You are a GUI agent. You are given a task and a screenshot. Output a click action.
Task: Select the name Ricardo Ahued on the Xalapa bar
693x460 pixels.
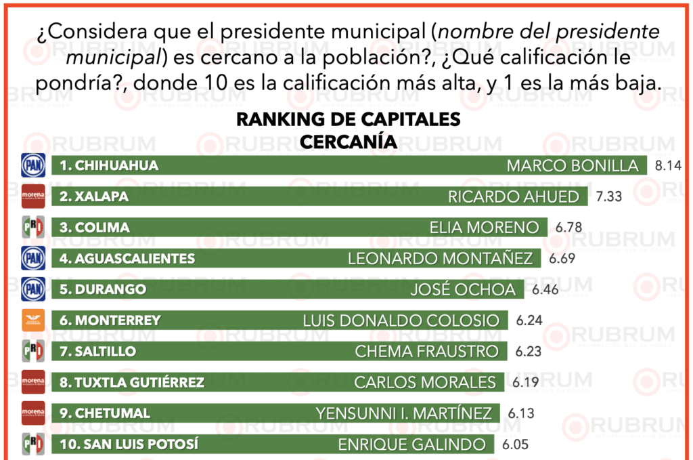tap(514, 196)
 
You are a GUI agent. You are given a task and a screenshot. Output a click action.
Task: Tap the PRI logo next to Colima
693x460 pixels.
tap(33, 228)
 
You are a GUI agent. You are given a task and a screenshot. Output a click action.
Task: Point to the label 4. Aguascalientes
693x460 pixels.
tap(127, 259)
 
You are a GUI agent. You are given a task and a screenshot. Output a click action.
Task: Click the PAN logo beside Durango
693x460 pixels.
tap(33, 289)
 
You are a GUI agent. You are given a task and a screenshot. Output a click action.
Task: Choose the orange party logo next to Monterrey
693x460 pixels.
tap(33, 320)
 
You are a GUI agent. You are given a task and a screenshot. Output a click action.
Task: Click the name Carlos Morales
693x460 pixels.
tap(425, 383)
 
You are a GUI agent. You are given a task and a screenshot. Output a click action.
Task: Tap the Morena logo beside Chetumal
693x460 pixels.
tap(33, 413)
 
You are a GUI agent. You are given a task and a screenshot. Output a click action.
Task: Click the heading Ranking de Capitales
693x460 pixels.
tap(348, 119)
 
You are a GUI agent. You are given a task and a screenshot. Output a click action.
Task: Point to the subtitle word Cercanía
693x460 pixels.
tap(348, 142)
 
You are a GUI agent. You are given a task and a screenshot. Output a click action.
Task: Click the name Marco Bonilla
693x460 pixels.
tap(573, 166)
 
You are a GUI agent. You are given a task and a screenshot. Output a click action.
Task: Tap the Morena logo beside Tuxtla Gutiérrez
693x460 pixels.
tap(33, 382)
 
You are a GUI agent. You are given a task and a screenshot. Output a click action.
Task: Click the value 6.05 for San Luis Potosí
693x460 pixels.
tap(514, 444)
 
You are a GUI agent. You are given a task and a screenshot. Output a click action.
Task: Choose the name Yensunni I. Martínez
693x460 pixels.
tap(403, 413)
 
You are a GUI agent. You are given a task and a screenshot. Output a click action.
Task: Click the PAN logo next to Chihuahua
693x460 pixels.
tap(33, 165)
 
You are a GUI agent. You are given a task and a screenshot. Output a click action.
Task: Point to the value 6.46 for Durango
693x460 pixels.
tap(546, 289)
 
